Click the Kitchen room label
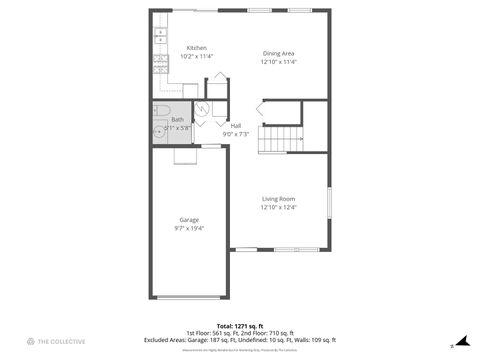[197, 48]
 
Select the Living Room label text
[279, 199]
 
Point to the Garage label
[189, 220]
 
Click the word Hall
[236, 126]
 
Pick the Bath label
[177, 120]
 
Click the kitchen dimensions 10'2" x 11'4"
[197, 57]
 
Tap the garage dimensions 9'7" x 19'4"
[189, 229]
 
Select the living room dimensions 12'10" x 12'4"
[279, 208]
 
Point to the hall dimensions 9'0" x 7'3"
[236, 134]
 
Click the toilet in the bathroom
[165, 110]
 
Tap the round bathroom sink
[160, 131]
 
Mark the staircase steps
[280, 140]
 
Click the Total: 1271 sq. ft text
[240, 326]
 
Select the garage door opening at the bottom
[190, 297]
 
